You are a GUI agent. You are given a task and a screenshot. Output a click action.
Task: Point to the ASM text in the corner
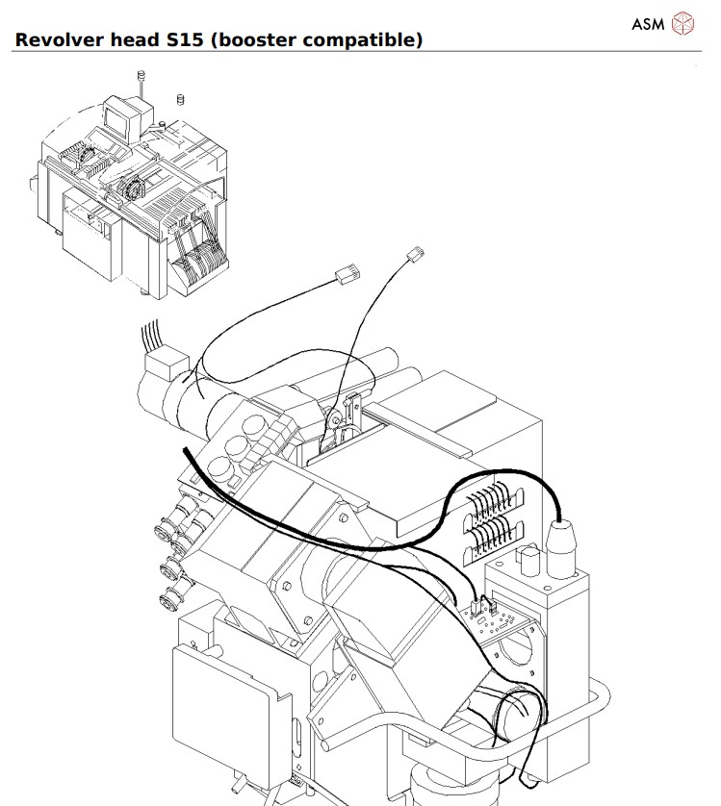click(648, 24)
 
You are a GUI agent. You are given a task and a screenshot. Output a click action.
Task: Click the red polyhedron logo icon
click(682, 24)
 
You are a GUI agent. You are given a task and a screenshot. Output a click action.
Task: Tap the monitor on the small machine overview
click(122, 118)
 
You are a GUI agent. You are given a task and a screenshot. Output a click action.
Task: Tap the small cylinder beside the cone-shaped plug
click(528, 561)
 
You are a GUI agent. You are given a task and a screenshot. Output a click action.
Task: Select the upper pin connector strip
click(494, 506)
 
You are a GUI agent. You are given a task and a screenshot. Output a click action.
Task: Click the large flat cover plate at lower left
click(226, 704)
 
